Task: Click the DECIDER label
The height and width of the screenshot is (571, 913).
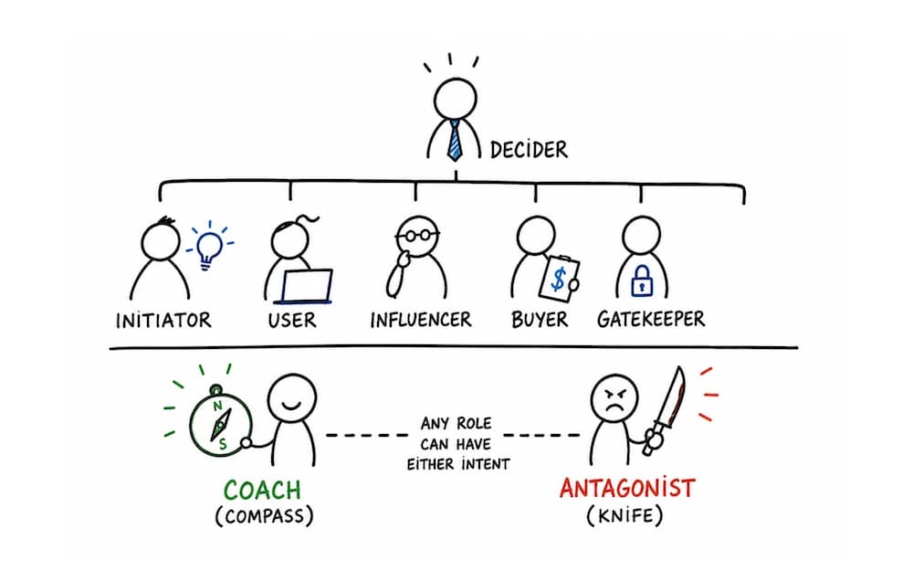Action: pyautogui.click(x=529, y=150)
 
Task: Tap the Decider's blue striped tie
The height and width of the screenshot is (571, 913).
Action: pyautogui.click(x=455, y=141)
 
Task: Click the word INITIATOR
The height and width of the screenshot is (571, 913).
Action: pyautogui.click(x=163, y=321)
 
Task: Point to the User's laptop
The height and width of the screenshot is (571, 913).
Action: pyautogui.click(x=306, y=287)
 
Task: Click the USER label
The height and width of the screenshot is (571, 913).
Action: pyautogui.click(x=292, y=320)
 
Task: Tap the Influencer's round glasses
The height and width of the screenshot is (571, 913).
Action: pyautogui.click(x=417, y=236)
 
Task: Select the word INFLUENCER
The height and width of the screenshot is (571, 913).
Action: pyautogui.click(x=421, y=320)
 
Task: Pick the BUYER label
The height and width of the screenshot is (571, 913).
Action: pyautogui.click(x=540, y=320)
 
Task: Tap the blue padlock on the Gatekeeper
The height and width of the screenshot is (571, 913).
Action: pyautogui.click(x=642, y=280)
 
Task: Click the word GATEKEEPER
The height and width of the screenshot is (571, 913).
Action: pyautogui.click(x=651, y=319)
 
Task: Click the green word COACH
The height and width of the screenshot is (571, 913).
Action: pyautogui.click(x=262, y=490)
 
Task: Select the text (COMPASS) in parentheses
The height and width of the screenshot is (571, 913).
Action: pyautogui.click(x=265, y=516)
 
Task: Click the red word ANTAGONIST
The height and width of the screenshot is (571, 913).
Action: pyautogui.click(x=628, y=488)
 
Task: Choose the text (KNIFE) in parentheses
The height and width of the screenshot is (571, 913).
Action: pyautogui.click(x=624, y=515)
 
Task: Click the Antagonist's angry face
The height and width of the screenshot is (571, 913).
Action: pyautogui.click(x=614, y=400)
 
